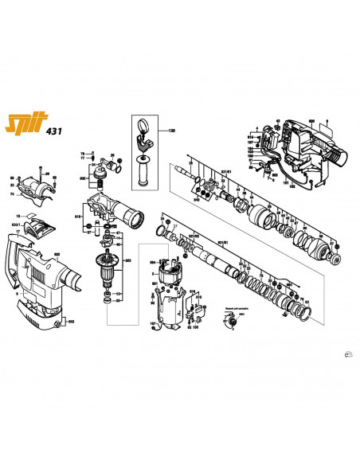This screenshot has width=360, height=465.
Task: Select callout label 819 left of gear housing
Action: [79, 215]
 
